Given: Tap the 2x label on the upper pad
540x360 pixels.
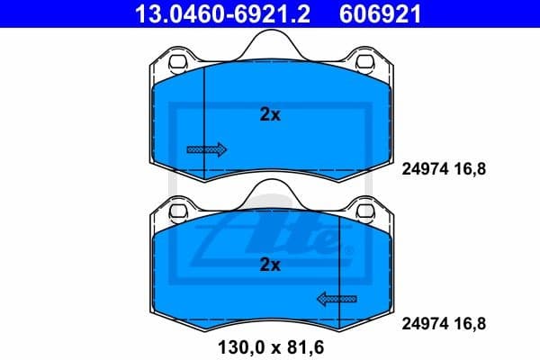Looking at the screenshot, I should (270, 114).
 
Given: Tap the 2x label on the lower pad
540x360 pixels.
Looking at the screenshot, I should (270, 265).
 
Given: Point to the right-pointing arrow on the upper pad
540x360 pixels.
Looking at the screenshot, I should (206, 148).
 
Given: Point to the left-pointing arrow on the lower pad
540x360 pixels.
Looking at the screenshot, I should (336, 298).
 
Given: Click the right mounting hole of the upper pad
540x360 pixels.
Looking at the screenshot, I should (366, 63).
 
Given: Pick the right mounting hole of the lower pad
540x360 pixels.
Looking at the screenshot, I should (366, 213).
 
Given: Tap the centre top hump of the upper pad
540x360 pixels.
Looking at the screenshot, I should (270, 40).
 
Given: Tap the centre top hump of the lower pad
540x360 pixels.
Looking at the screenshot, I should (270, 191).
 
